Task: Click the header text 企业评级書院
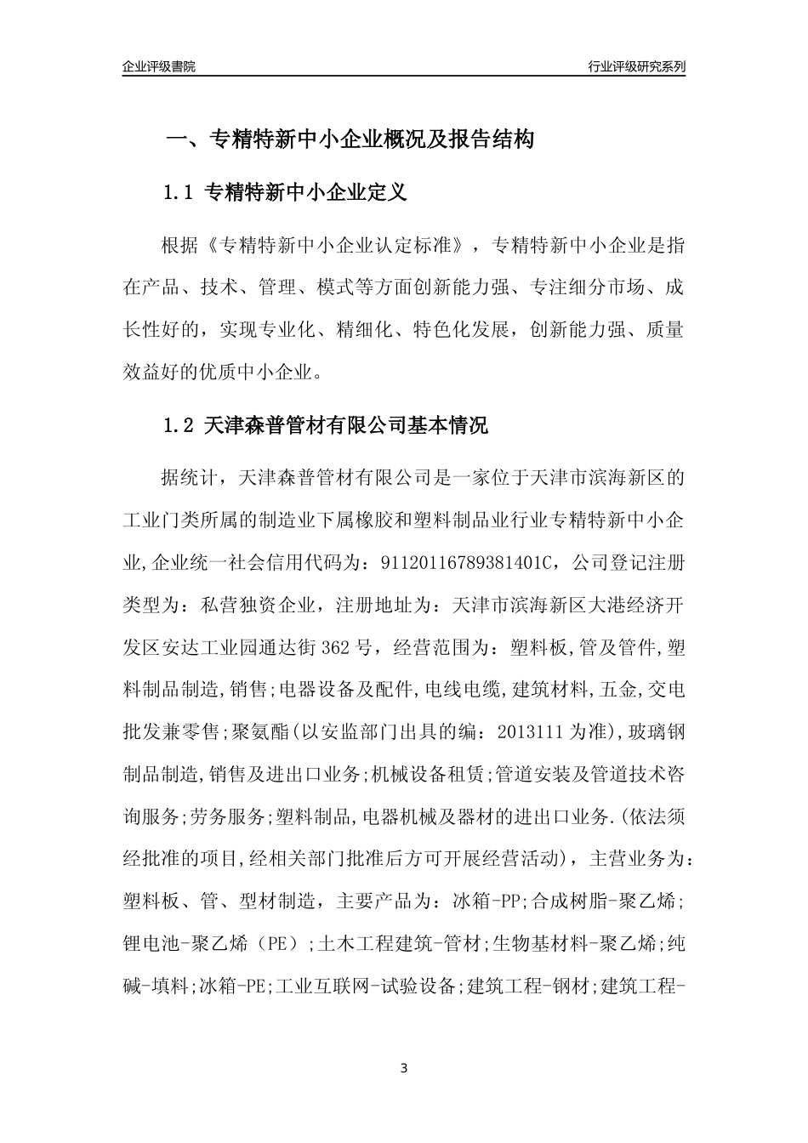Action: tap(158, 66)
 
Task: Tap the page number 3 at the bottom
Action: tap(404, 1067)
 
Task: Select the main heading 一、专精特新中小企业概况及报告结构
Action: tap(348, 139)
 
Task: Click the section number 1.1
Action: tap(179, 193)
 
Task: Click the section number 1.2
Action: tap(179, 426)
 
